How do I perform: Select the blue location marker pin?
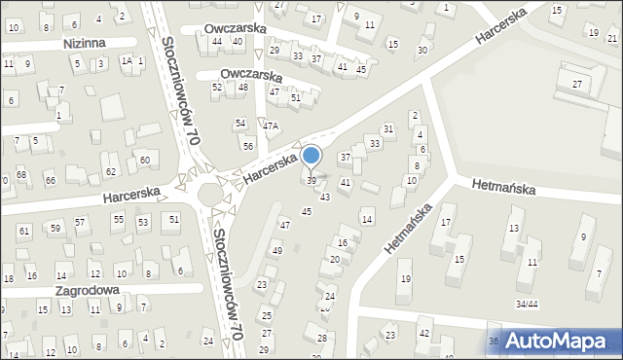click(311, 156)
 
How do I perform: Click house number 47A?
click(270, 126)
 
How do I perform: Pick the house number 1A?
click(126, 61)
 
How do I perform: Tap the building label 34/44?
click(527, 305)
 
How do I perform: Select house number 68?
click(20, 174)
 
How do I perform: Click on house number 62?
click(110, 172)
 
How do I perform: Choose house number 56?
click(248, 145)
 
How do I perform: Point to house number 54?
click(239, 123)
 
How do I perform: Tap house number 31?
click(387, 128)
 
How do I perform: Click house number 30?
click(421, 50)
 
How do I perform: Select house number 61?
click(23, 231)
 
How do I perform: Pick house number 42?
click(423, 333)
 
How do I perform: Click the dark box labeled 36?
click(494, 341)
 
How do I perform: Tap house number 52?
click(217, 88)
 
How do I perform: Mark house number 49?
click(276, 251)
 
